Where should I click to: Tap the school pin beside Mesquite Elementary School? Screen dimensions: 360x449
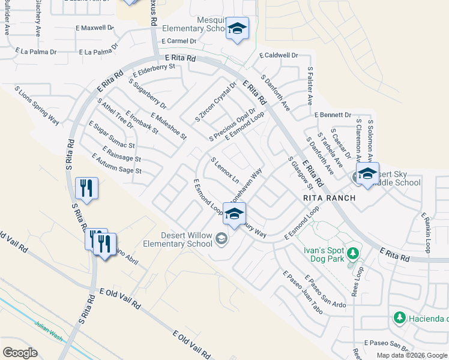237,29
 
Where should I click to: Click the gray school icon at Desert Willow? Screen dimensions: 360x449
221,240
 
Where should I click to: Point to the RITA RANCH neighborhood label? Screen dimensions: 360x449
329,198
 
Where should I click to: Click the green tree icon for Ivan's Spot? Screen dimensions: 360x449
353,253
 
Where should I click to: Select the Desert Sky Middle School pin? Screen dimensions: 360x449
367,174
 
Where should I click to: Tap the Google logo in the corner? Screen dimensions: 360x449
20,353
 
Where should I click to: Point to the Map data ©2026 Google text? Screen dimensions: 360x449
412,355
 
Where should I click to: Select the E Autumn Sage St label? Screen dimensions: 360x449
116,164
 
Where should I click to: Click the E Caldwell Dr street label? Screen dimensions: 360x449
279,55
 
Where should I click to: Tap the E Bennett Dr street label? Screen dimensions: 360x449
332,115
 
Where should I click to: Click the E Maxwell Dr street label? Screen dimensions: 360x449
95,28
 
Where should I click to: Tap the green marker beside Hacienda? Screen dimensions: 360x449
399,317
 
